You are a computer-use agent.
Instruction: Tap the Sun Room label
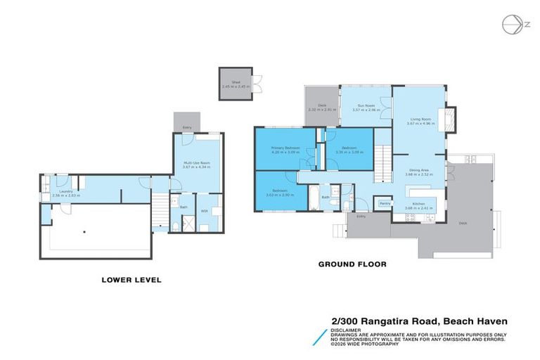(366, 108)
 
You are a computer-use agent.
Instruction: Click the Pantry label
(385, 203)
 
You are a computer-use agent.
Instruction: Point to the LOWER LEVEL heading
(131, 280)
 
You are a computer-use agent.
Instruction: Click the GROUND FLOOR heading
(352, 265)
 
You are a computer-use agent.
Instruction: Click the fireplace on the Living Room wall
(448, 115)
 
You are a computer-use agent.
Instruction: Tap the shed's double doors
(256, 84)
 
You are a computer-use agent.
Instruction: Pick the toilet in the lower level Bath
(174, 225)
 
